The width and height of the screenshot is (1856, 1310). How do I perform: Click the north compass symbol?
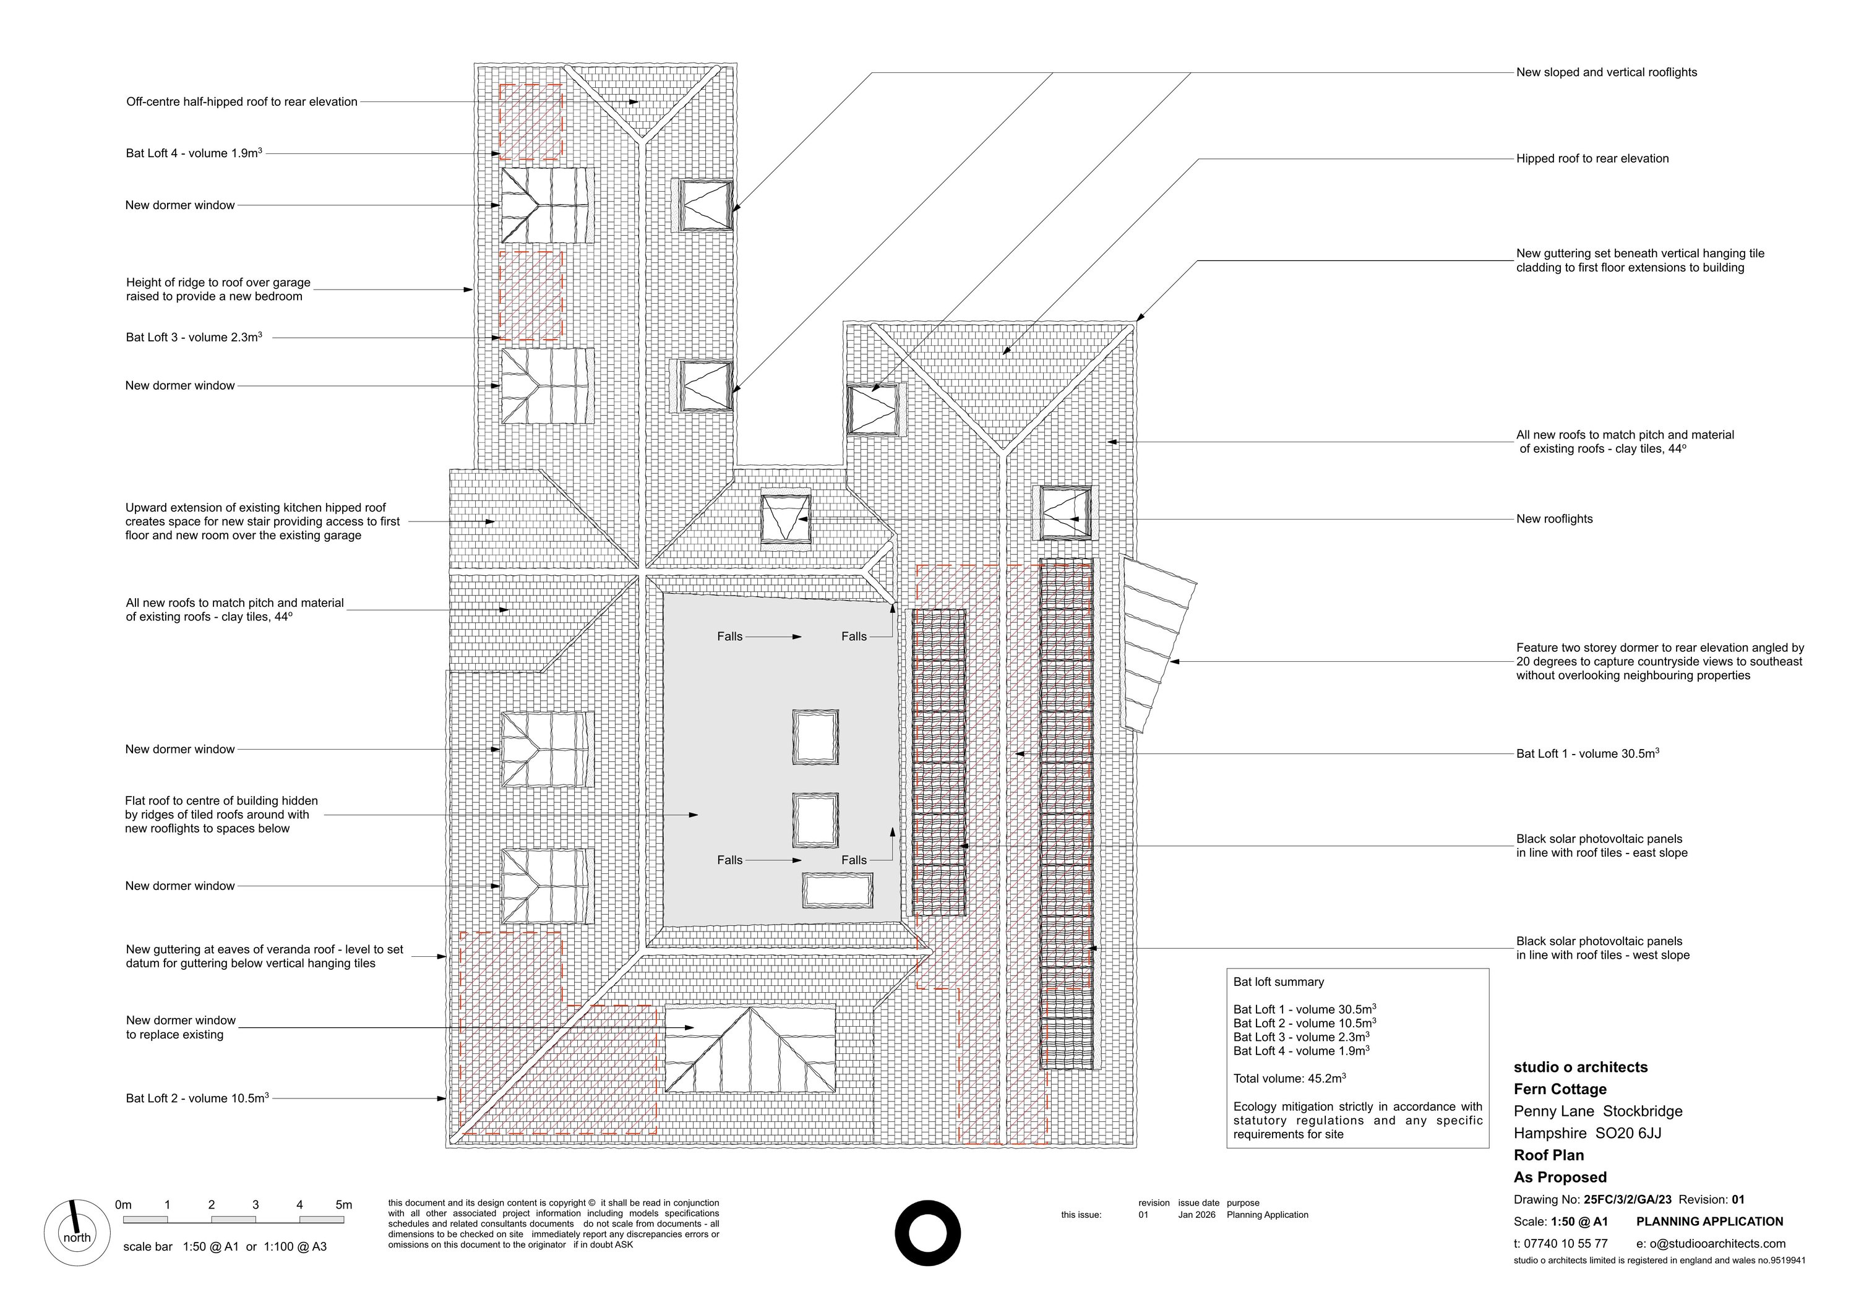[x=77, y=1233]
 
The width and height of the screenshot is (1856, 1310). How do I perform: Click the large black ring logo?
[x=928, y=1233]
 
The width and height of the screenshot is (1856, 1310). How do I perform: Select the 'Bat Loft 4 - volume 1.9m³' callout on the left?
[x=194, y=153]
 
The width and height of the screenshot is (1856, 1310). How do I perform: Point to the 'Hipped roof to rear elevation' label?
[x=1592, y=158]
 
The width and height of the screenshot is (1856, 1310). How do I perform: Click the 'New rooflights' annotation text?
[x=1555, y=519]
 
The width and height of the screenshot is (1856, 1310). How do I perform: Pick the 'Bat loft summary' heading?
[x=1279, y=982]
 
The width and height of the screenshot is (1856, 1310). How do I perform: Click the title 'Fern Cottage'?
[x=1560, y=1089]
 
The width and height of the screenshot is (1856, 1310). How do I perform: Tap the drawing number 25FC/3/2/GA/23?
[x=1628, y=1200]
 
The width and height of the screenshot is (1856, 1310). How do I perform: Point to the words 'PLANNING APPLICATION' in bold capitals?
[x=1710, y=1222]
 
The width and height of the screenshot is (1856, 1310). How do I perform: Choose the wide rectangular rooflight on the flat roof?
[x=838, y=891]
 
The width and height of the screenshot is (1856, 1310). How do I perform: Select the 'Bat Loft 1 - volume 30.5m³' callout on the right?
[x=1587, y=753]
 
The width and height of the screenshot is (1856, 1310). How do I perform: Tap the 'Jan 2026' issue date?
[x=1197, y=1215]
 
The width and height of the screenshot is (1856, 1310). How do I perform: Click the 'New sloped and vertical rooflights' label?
[x=1606, y=72]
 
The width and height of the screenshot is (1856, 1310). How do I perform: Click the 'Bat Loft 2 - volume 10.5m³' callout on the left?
[x=197, y=1098]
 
